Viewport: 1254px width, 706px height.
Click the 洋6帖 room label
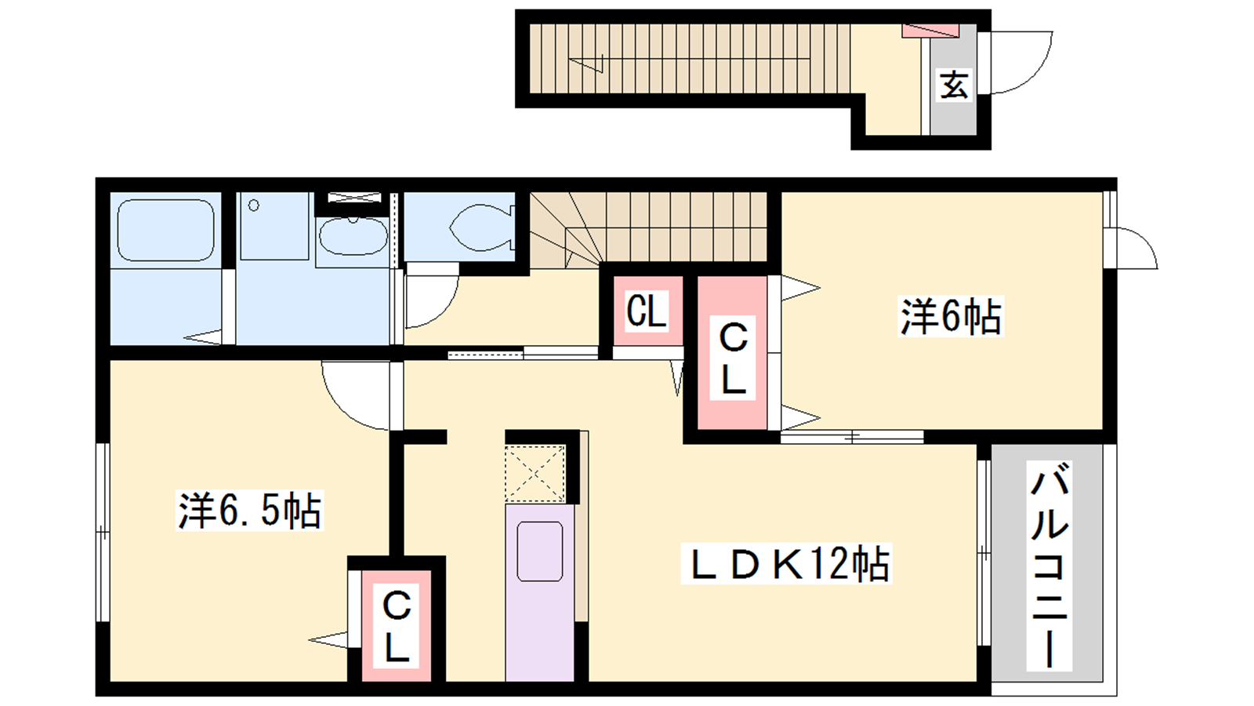(x=950, y=317)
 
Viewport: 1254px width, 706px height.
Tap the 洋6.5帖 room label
(x=250, y=510)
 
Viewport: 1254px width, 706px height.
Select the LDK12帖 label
(x=786, y=563)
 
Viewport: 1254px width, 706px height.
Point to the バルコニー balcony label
(x=1049, y=566)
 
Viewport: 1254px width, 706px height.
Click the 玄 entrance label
(x=954, y=86)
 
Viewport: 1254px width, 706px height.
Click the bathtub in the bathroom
(x=165, y=231)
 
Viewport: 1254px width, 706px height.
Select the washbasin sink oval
(x=353, y=236)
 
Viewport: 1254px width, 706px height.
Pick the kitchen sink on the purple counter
(x=540, y=551)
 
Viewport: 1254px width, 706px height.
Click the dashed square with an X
(x=535, y=474)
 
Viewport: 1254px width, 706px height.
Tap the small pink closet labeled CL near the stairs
(x=647, y=310)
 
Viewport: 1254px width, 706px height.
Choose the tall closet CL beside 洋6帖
(x=732, y=353)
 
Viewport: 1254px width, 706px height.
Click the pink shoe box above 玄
(x=930, y=31)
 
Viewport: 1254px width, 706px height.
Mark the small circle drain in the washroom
(x=254, y=206)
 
